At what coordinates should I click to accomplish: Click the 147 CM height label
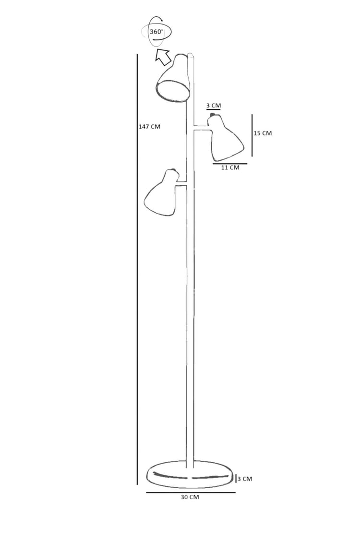pos(149,126)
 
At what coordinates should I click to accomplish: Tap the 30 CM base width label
pos(190,497)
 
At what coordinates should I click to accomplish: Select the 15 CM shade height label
pos(263,133)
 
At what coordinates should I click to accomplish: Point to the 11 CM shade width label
pos(230,168)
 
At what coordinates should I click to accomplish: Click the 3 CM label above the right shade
pos(214,106)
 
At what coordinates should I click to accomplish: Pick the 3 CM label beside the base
pos(245,479)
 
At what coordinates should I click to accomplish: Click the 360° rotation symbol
pos(156,32)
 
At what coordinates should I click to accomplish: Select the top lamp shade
pos(173,78)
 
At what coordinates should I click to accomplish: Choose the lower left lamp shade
pos(162,193)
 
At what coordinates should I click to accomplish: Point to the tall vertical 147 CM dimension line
pos(137,269)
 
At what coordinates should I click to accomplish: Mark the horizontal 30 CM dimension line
pos(191,492)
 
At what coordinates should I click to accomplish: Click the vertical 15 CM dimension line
pos(252,135)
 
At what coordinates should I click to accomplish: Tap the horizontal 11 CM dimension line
pos(230,164)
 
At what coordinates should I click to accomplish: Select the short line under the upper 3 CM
pos(214,110)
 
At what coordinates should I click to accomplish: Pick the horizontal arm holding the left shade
pos(181,183)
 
